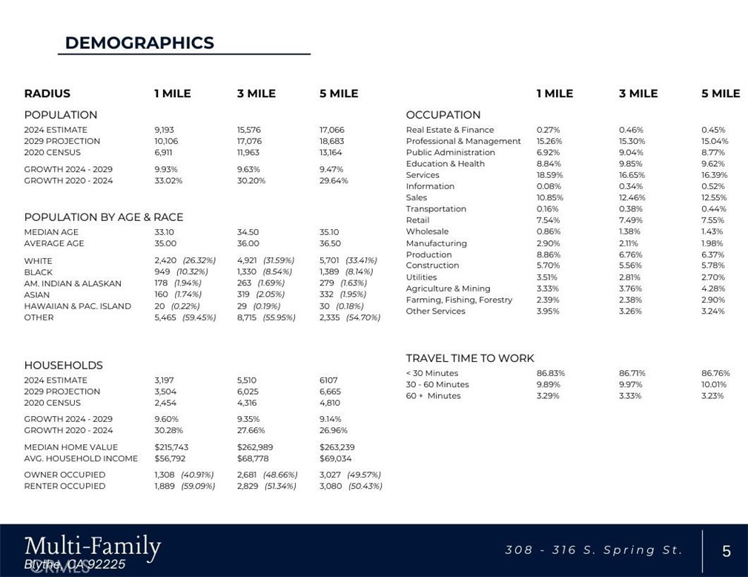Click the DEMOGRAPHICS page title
[139, 43]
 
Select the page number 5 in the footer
[727, 551]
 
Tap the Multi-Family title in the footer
[92, 547]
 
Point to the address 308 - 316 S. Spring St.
[593, 550]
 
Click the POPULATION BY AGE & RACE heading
[103, 217]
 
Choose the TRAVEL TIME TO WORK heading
[470, 358]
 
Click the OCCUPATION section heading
[443, 115]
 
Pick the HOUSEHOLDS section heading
[63, 366]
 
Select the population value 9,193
[165, 130]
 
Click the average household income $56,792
[170, 458]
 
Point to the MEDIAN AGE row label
[51, 232]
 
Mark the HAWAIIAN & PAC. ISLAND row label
[78, 306]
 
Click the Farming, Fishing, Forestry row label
[459, 300]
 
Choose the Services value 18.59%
[549, 175]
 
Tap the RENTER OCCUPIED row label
[64, 486]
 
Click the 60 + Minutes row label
[433, 396]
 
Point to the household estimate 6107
[328, 380]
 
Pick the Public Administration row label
[450, 152]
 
